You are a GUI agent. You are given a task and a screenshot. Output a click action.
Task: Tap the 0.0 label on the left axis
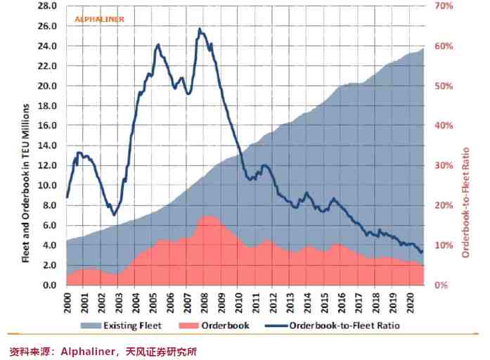50,285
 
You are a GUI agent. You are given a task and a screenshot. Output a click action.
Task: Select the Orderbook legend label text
224,326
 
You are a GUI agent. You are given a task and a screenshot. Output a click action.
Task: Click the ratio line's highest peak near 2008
200,29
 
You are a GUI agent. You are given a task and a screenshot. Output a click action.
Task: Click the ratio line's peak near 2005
157,44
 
